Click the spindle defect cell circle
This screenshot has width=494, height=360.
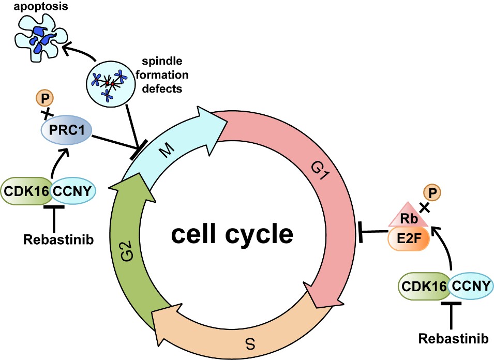(109, 82)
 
